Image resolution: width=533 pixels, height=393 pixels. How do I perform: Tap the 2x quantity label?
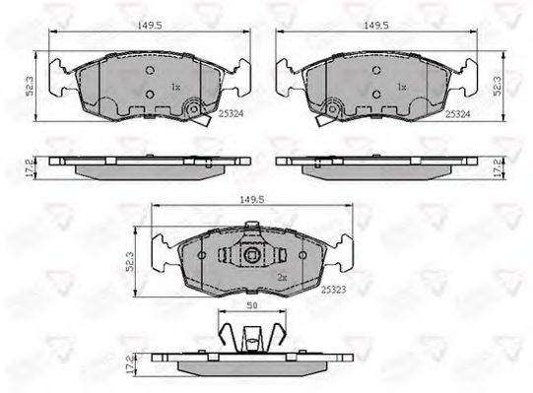283,277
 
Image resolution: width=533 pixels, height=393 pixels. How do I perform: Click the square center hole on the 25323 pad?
251,258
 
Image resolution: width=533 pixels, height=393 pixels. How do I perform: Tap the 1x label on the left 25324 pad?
176,88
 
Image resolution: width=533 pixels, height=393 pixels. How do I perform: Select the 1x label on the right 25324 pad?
401,88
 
